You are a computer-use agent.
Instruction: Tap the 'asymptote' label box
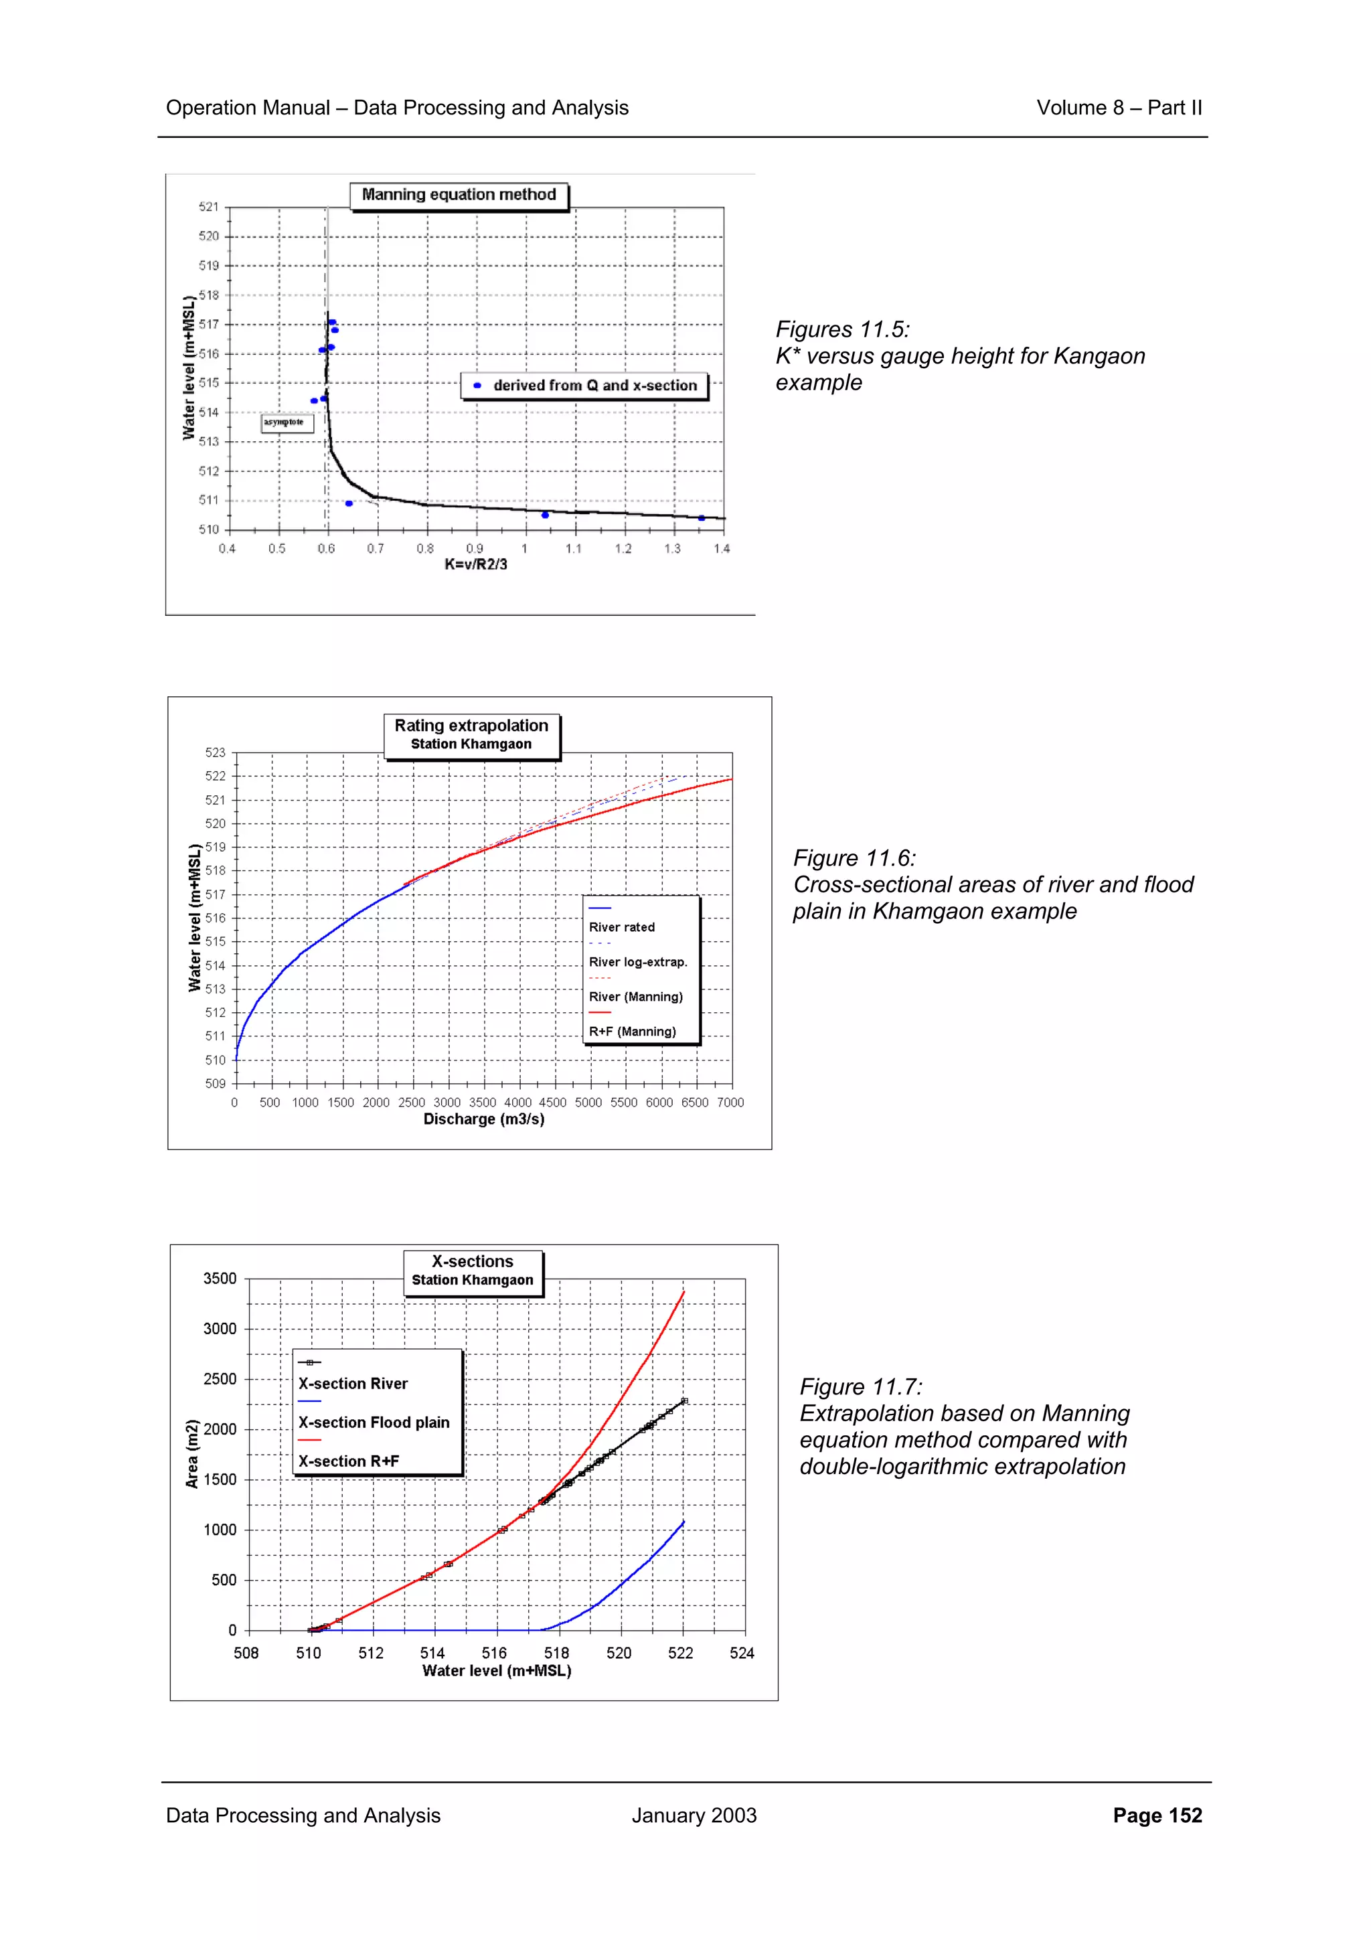pos(286,422)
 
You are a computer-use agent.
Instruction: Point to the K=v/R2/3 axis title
pos(475,564)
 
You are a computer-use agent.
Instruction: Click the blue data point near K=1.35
pos(701,518)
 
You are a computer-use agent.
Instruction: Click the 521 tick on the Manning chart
pos(209,207)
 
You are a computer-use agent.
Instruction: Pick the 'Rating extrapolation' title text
pos(471,726)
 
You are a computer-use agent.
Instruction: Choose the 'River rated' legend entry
pos(622,927)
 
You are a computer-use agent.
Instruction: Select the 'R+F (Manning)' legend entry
pos(633,1032)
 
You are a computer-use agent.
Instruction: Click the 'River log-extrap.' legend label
pos(638,961)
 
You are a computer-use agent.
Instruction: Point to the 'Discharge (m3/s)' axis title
pos(483,1119)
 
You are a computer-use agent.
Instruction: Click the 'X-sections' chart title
pos(472,1261)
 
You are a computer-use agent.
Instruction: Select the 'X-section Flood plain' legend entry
pos(374,1423)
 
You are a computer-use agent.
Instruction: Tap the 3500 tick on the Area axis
pos(220,1279)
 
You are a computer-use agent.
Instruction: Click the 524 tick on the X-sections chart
pos(742,1653)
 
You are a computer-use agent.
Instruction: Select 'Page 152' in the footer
pos(1156,1815)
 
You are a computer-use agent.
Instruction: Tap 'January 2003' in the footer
pos(694,1815)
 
